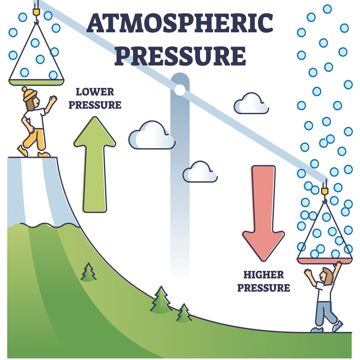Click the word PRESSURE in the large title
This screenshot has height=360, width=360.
pos(180,55)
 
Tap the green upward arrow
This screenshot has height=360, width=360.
pos(95,163)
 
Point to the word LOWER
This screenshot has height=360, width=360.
pos(95,92)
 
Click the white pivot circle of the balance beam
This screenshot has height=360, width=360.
pos(180,88)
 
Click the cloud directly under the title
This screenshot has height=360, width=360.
pos(151,135)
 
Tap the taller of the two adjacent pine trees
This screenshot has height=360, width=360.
pos(161,300)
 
